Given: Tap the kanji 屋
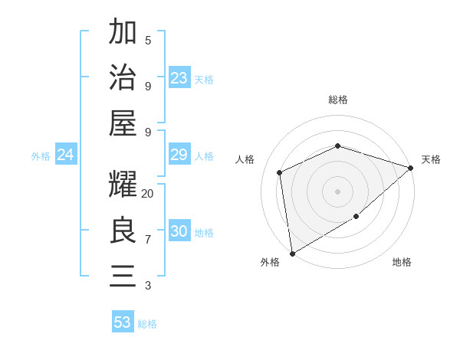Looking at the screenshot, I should click(x=123, y=123).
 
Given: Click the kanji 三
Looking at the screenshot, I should click(x=123, y=276).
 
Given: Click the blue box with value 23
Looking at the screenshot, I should click(x=179, y=78).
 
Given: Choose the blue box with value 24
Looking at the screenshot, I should click(x=66, y=155).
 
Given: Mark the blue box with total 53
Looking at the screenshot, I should click(x=123, y=322).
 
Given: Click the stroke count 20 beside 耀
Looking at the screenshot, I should click(x=148, y=194).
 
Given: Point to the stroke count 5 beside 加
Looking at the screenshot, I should click(x=148, y=40).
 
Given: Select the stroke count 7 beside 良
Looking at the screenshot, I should click(x=148, y=240).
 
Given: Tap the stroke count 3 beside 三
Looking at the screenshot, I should click(x=148, y=286).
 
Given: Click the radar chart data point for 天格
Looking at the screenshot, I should click(x=411, y=169).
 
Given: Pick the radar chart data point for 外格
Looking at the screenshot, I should click(x=292, y=253).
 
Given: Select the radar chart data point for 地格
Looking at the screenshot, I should click(x=356, y=218).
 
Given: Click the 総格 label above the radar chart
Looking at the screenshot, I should click(x=337, y=100).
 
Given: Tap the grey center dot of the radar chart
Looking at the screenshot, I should click(x=337, y=191).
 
